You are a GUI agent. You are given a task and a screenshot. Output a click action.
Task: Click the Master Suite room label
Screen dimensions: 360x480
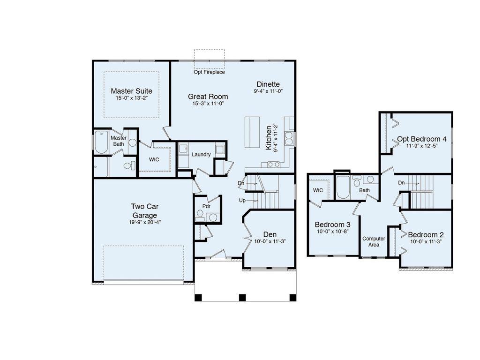click(131, 90)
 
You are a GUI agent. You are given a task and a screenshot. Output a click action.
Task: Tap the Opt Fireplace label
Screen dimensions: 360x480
click(209, 72)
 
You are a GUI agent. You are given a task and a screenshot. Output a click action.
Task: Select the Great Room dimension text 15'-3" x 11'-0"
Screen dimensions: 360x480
click(208, 104)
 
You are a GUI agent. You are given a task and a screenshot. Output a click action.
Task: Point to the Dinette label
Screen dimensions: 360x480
click(268, 84)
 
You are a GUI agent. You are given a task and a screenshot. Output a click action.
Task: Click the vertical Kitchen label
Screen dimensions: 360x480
click(269, 137)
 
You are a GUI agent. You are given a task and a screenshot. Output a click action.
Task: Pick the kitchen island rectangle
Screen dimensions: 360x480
click(251, 133)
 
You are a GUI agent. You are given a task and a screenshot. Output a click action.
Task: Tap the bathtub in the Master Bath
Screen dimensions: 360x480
click(101, 143)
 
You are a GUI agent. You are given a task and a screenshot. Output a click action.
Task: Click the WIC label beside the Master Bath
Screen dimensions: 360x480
click(154, 159)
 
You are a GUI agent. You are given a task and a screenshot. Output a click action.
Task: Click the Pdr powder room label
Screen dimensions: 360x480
click(206, 206)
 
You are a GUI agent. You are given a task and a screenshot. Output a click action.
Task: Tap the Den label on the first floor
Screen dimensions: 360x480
click(270, 234)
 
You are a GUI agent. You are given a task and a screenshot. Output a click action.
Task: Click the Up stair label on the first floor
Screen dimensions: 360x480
click(242, 200)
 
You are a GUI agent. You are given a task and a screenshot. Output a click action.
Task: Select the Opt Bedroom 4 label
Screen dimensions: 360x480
click(422, 139)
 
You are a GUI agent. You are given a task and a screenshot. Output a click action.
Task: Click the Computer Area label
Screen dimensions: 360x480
click(374, 241)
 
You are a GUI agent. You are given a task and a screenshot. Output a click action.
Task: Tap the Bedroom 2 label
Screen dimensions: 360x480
click(426, 234)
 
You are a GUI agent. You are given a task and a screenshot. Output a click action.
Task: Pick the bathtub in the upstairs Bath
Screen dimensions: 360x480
click(342, 188)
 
